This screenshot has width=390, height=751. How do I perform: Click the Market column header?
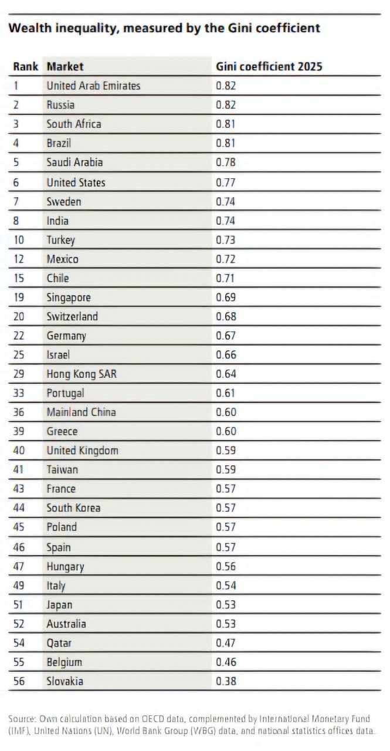coord(65,66)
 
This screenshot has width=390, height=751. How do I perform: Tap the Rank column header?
coord(25,66)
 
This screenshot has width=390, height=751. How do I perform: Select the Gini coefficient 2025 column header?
coord(269,66)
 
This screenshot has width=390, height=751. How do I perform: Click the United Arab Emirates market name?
coord(93,86)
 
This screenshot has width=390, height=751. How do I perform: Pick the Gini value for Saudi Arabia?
coord(226,163)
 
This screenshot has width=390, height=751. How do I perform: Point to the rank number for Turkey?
coord(19,240)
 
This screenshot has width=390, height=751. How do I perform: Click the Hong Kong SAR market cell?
coord(82,374)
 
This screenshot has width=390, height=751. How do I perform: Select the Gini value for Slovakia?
coord(226,681)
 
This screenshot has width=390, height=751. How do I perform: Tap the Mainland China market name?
coord(82,412)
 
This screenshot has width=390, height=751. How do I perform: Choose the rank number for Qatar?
coord(19,642)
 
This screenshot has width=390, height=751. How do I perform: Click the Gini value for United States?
coord(226,182)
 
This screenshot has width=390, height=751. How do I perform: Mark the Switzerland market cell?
coord(72,316)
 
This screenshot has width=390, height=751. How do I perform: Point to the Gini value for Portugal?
coord(225,393)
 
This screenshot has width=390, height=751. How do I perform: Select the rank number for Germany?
coord(19,335)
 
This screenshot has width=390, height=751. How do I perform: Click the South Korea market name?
coord(74,508)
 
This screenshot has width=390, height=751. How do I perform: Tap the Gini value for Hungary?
coord(226,566)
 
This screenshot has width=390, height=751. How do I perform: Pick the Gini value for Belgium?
coord(226,662)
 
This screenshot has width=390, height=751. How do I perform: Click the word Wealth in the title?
coord(30,28)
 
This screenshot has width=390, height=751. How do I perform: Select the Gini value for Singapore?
coord(226,297)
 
